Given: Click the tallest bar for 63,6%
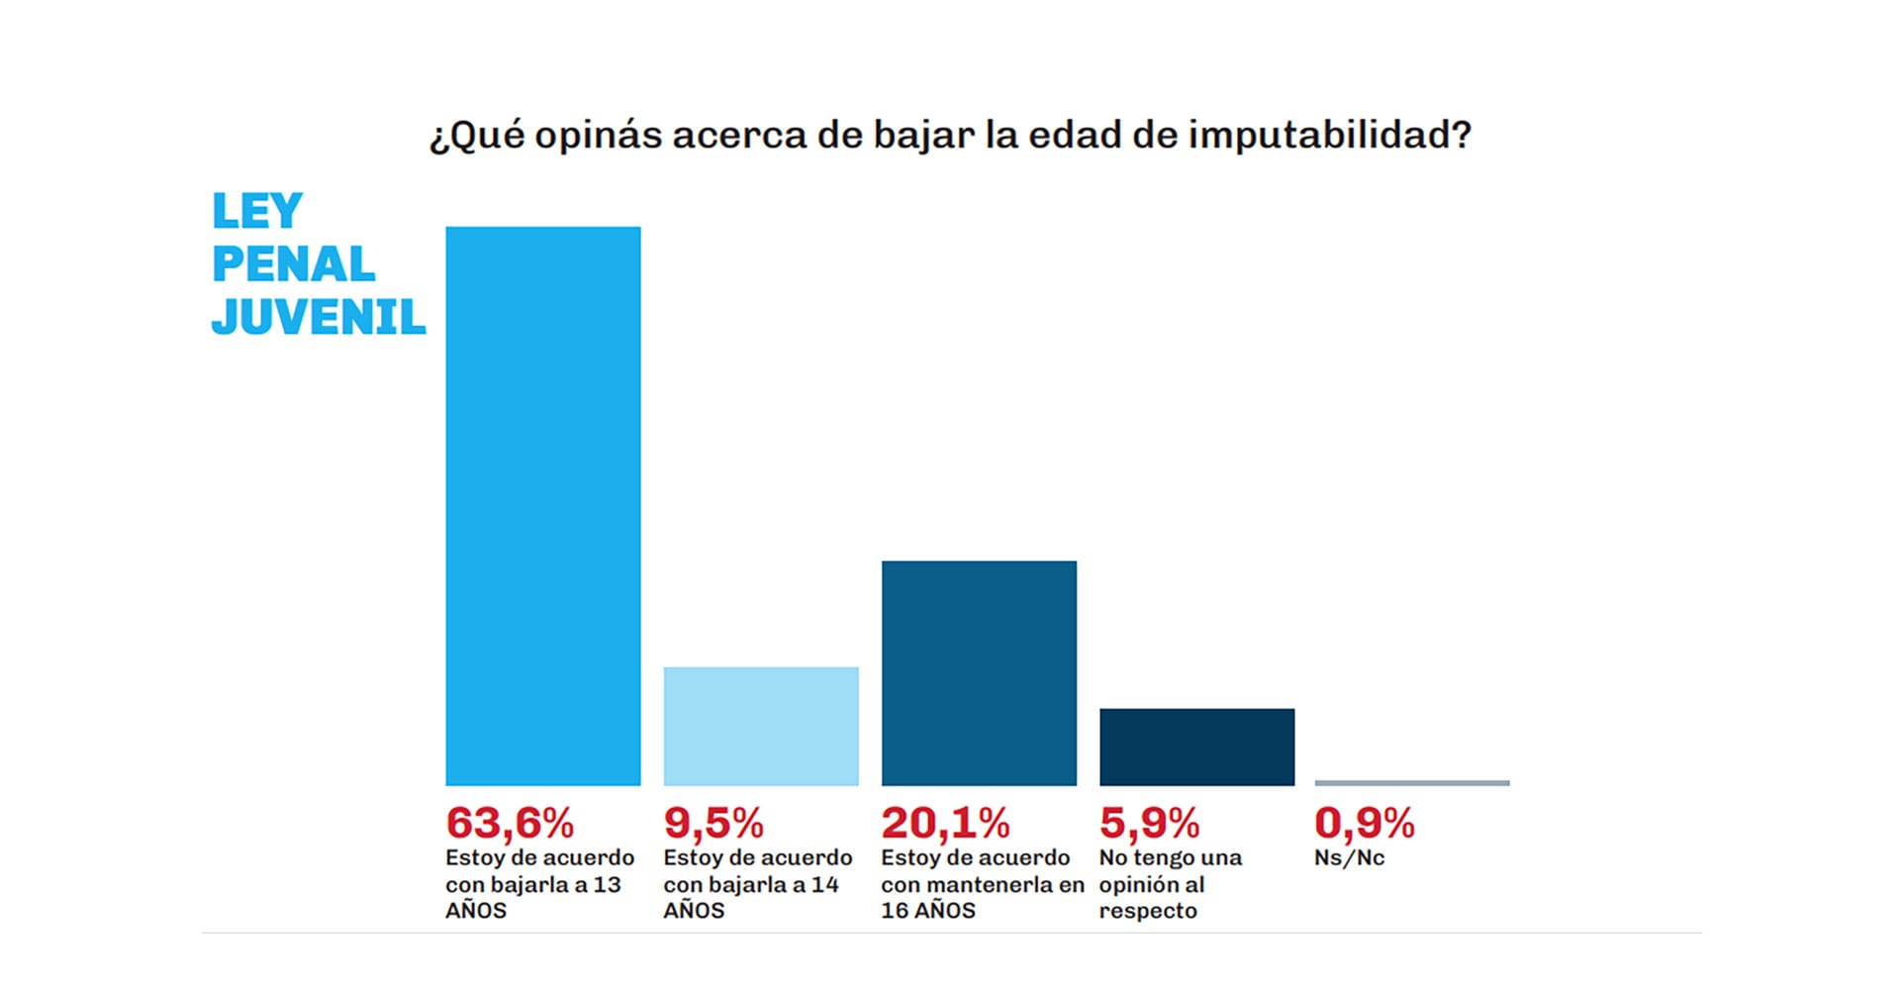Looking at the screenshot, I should pos(542,505).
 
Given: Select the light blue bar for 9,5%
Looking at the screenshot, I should pos(760,726).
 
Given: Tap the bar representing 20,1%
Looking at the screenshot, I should pos(979,673).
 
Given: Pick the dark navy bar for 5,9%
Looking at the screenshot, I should pos(1196,747).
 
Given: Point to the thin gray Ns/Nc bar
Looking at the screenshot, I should pos(1412,783).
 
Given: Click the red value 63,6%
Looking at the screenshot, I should pos(510,824).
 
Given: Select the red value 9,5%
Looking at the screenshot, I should pos(713,824).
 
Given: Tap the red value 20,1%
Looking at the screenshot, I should pos(945,824).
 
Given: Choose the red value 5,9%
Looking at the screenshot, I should pos(1149,824).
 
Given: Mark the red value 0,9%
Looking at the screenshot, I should pos(1364,824).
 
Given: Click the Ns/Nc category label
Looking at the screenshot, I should pos(1349,858).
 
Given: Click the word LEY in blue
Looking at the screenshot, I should pos(257,212).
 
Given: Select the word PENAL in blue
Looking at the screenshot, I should pos(294,264).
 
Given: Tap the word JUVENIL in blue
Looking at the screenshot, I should pos(319,317).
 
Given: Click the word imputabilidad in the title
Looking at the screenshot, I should pos(1329,135).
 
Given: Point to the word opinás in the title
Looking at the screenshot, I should pos(598,136).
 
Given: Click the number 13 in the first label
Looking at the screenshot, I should pos(607,885).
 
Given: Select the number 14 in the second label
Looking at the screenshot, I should pos(824,885).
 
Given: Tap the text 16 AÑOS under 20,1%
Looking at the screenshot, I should pos(928,911).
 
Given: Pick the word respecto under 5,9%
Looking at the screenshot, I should pos(1148,911).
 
